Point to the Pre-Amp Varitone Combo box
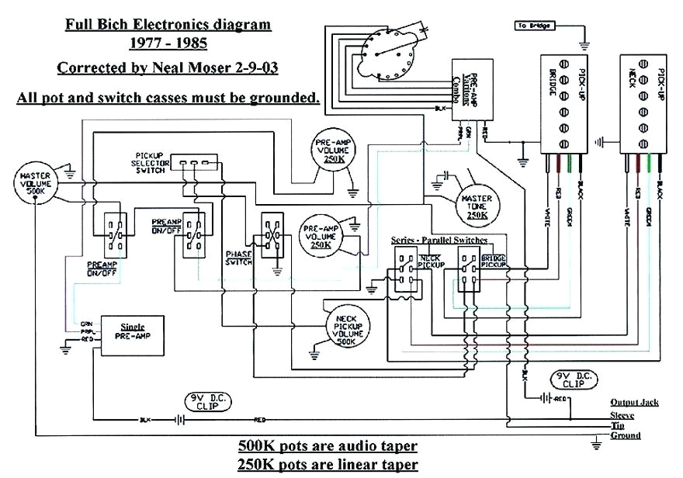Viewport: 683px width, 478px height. coord(466,87)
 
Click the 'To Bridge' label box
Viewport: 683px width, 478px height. coord(534,26)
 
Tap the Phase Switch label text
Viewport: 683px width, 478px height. coord(239,258)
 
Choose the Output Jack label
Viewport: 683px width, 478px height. coord(634,402)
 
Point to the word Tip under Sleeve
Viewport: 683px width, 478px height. coord(619,425)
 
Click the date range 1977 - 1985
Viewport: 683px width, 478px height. coord(168,45)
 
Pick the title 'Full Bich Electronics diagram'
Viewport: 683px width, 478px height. coord(168,24)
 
